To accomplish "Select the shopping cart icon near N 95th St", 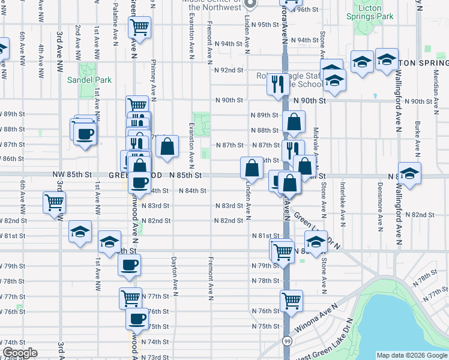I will click(139, 27).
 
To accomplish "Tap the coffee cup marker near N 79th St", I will click(130, 265).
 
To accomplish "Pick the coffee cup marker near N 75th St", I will click(137, 319).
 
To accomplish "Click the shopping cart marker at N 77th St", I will click(130, 298).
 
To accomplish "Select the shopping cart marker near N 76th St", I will click(291, 300).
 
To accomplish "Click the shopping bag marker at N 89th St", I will click(294, 124).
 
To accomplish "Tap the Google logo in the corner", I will click(19, 353).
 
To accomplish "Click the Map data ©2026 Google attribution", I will click(412, 355).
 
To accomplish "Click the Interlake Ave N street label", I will click(342, 199).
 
